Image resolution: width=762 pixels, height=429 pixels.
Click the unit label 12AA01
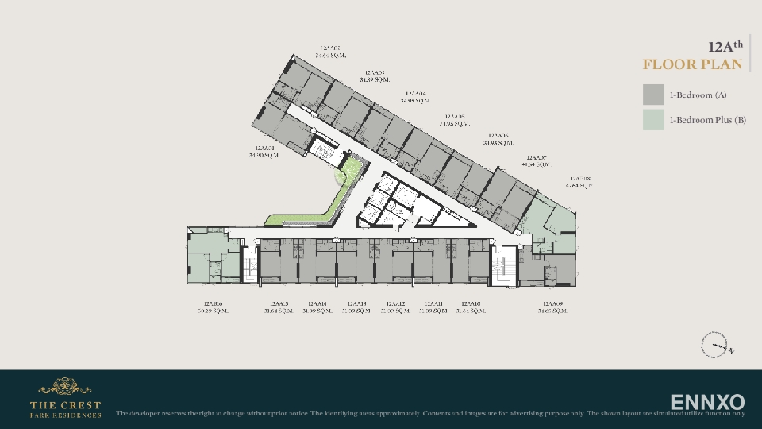coord(264,149)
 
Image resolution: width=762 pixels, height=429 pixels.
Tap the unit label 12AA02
coord(330,48)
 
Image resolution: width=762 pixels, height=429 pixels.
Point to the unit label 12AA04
coord(415,94)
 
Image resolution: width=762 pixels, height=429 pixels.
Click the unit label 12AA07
coord(537,157)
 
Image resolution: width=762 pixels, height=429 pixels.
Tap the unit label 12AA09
coord(552,303)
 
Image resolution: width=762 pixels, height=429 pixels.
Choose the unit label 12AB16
coord(213,303)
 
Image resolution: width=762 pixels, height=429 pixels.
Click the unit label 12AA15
coord(279,303)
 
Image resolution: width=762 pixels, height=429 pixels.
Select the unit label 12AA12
coord(395,303)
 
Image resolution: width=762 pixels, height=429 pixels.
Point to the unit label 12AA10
coord(471,303)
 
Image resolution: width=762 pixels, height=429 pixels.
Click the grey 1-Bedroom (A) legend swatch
coord(653,95)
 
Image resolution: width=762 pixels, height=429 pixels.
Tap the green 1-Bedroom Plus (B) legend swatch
coord(653,120)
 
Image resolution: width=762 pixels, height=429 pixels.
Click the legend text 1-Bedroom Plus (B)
coord(707,120)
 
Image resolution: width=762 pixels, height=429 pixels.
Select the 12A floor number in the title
coord(725,47)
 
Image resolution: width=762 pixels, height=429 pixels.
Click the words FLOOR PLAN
coord(692,64)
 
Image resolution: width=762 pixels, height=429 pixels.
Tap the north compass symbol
coord(714,346)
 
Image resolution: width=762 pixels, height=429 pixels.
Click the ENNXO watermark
coord(707,402)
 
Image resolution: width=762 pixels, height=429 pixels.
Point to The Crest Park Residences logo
coord(65,398)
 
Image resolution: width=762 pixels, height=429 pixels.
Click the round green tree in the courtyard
coord(343,176)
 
